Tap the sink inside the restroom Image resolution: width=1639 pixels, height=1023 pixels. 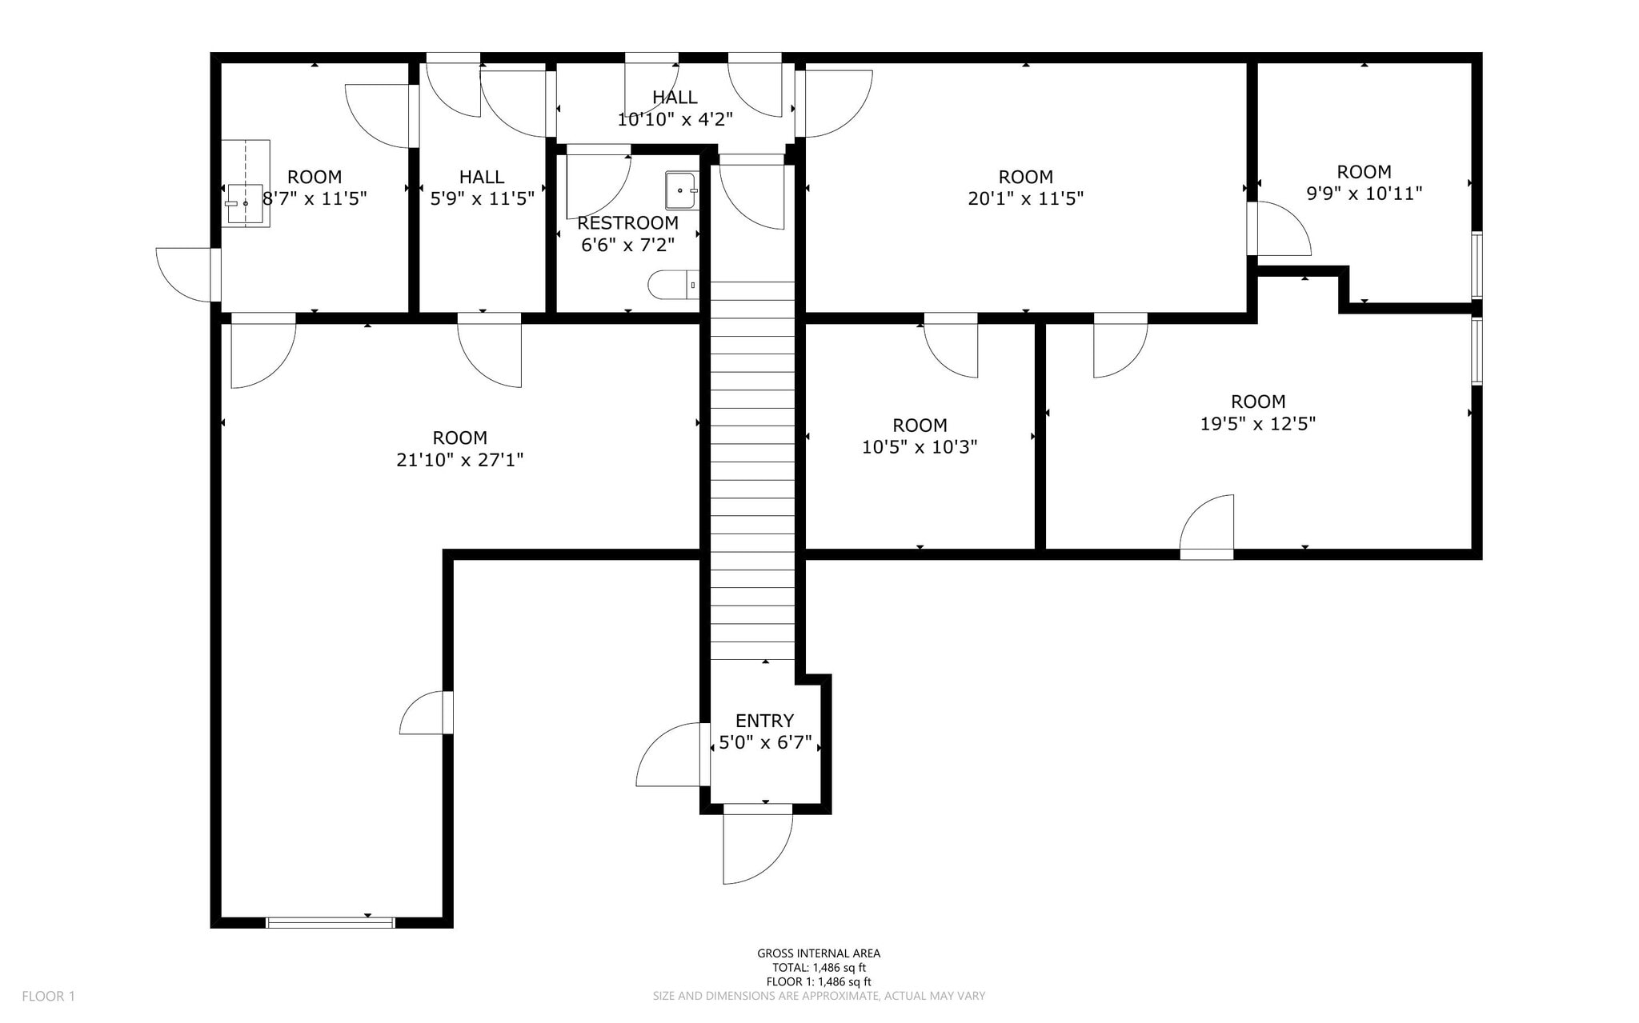pyautogui.click(x=681, y=190)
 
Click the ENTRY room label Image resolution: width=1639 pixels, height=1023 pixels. pyautogui.click(x=764, y=721)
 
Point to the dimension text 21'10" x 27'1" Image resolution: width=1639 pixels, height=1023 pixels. pyautogui.click(x=459, y=460)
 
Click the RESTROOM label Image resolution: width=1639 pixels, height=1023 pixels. pyautogui.click(x=627, y=223)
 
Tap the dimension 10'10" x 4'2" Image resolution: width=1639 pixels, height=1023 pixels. pyautogui.click(x=675, y=120)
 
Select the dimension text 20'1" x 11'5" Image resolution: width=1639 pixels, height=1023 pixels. pyautogui.click(x=1025, y=198)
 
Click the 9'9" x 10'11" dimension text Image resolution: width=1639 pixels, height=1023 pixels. pyautogui.click(x=1364, y=194)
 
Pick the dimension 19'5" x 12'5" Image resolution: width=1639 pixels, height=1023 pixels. pyautogui.click(x=1257, y=424)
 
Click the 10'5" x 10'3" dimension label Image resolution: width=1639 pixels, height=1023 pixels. pyautogui.click(x=920, y=447)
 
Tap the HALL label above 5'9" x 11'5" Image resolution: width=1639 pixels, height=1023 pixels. pyautogui.click(x=482, y=177)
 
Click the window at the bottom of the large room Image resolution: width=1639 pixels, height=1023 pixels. pyautogui.click(x=330, y=922)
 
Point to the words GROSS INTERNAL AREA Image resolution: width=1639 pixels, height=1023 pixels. pyautogui.click(x=819, y=953)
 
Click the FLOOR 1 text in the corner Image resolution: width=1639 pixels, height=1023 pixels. pyautogui.click(x=48, y=996)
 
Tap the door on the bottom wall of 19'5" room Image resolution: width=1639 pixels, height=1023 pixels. pyautogui.click(x=1207, y=528)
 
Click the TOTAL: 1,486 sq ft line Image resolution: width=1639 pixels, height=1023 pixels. pyautogui.click(x=819, y=968)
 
